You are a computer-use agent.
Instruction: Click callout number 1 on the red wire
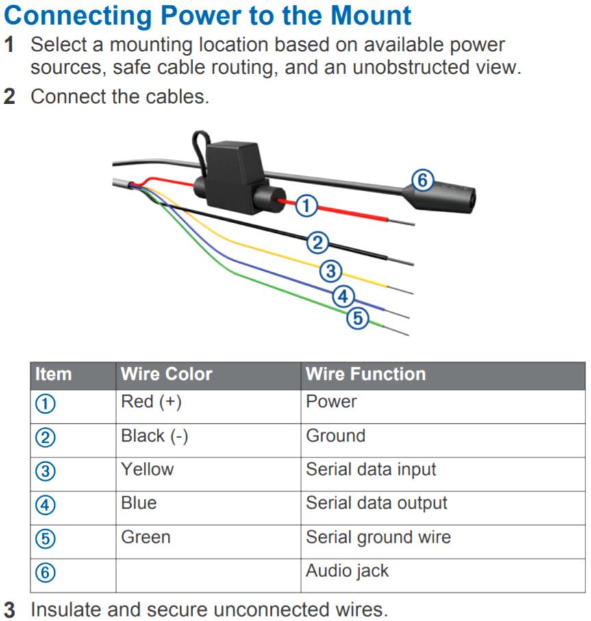tap(308, 204)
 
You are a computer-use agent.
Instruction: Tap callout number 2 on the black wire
tap(317, 242)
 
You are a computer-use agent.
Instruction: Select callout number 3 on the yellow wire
tap(330, 271)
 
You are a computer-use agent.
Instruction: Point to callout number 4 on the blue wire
tap(344, 296)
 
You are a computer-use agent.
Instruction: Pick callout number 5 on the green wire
tap(357, 318)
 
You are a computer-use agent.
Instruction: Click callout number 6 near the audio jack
tap(423, 180)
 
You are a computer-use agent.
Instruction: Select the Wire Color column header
tap(166, 375)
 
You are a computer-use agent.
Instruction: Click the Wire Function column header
tap(366, 375)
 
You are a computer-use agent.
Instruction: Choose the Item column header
tap(53, 375)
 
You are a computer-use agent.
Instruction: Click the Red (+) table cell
tap(151, 402)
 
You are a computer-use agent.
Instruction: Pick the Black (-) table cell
tap(154, 436)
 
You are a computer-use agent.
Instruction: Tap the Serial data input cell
tap(370, 470)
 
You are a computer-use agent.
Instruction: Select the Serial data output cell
tap(376, 503)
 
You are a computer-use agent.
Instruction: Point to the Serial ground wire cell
tap(378, 537)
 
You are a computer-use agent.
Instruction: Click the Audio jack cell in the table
tap(347, 571)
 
